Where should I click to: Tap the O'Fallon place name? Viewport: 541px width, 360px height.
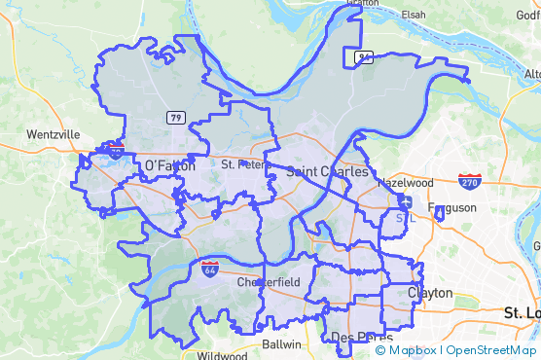pos(169,166)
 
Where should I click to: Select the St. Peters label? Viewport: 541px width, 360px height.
pos(240,164)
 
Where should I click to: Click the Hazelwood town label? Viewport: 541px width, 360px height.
pos(404,182)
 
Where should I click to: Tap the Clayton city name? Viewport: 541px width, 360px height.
pos(431,292)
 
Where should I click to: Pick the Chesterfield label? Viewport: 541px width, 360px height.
pos(269,282)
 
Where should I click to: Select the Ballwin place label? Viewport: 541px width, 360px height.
pos(282,344)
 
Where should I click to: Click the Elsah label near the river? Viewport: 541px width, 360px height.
pos(415,15)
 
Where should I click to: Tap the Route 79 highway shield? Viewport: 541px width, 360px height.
pos(175,118)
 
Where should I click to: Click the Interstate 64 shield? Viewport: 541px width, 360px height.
pos(209,268)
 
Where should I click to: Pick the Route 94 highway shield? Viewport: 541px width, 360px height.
pos(363,57)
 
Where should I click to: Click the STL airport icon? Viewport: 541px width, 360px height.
pos(405,202)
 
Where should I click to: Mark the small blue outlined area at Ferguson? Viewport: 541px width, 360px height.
pos(440,213)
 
